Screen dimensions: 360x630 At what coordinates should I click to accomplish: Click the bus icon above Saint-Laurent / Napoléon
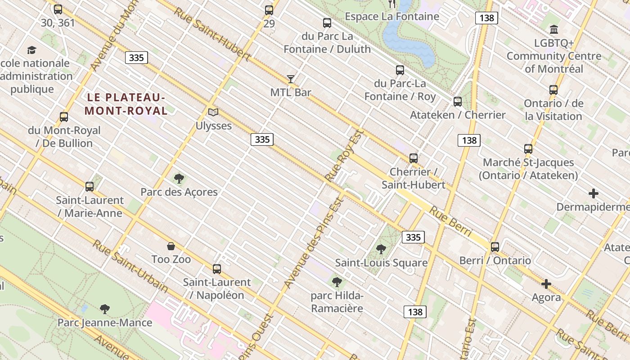point(217,269)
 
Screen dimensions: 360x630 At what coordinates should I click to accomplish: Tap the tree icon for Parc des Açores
point(179,179)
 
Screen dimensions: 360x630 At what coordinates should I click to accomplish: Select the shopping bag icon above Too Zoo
point(171,246)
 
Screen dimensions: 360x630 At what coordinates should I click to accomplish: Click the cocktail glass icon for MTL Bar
point(291,79)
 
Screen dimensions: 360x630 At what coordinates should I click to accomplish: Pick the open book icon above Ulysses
point(213,112)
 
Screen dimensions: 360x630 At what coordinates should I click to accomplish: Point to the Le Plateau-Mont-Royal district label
point(126,104)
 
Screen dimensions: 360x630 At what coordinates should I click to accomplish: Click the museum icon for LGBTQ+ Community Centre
point(554,30)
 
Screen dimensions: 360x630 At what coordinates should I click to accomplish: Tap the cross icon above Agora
point(546,284)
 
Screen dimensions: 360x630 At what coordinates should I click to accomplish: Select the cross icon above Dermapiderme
point(594,193)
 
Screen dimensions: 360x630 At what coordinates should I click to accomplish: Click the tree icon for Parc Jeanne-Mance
point(105,309)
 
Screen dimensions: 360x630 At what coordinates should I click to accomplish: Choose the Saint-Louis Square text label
point(381,263)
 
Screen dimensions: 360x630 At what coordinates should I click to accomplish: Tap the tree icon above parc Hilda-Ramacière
point(337,282)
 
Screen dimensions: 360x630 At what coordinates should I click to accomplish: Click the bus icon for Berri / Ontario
point(495,247)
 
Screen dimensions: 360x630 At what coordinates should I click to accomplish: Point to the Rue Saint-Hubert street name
point(212,34)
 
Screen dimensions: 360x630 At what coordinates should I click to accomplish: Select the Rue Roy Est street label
point(344,156)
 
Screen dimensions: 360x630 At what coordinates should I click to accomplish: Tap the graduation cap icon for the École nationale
point(31,50)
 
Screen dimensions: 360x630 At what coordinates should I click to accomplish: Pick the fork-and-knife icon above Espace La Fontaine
point(392,4)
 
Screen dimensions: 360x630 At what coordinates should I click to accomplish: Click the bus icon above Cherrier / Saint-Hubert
point(414,158)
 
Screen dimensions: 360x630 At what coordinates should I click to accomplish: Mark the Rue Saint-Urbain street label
point(130,265)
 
